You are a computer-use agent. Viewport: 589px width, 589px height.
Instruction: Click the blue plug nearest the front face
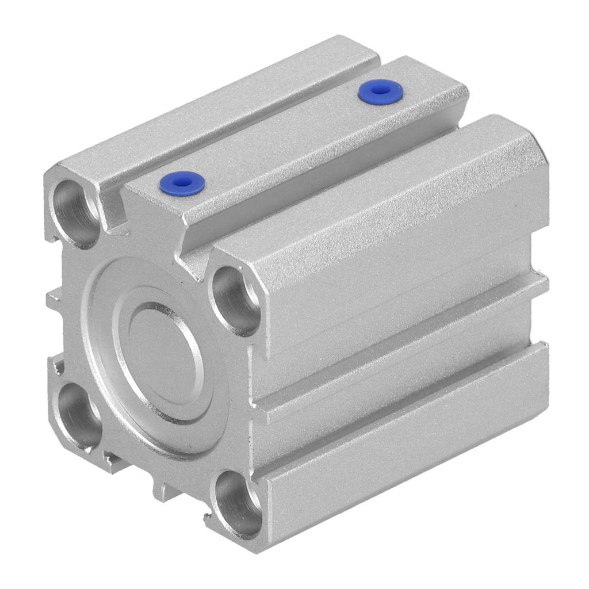(x=182, y=183)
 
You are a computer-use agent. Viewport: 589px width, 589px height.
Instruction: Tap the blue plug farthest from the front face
(x=380, y=91)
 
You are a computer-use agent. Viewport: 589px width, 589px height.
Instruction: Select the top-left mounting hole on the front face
(x=76, y=213)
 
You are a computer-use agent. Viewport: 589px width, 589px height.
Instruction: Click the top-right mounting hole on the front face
(x=236, y=300)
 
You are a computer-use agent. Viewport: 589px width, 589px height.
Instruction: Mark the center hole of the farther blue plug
(x=380, y=90)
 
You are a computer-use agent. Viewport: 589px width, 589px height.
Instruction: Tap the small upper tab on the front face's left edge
(x=53, y=300)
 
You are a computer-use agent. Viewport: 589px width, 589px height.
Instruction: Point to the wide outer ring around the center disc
(x=109, y=368)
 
